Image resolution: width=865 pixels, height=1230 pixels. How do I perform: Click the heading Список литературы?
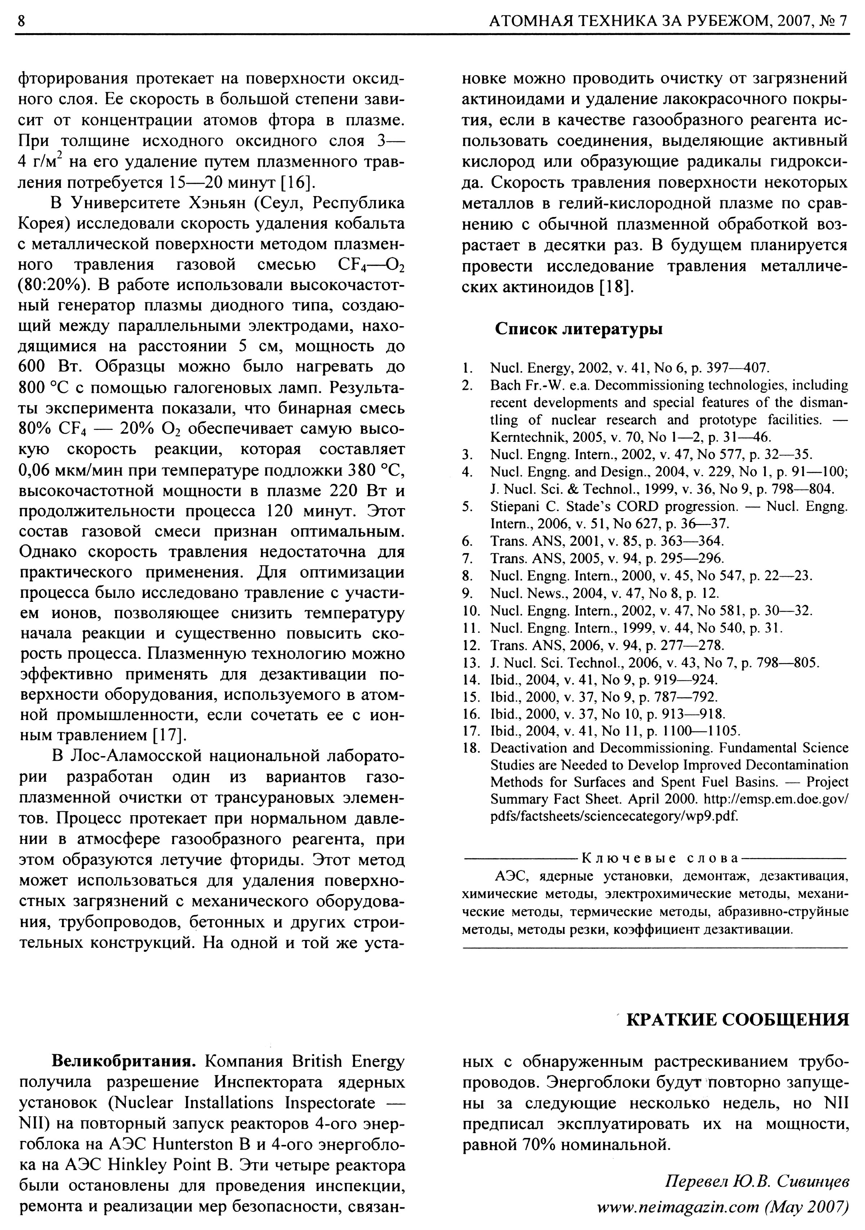578,328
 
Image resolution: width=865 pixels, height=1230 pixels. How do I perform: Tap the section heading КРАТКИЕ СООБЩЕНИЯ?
737,1018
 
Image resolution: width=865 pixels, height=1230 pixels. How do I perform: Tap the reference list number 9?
466,593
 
